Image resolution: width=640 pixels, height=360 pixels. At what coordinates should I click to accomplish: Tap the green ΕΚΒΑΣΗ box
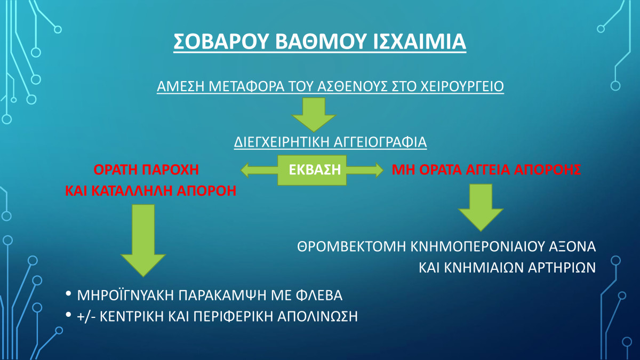(312, 170)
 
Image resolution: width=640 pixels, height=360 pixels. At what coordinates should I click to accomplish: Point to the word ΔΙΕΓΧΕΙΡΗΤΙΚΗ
(282, 142)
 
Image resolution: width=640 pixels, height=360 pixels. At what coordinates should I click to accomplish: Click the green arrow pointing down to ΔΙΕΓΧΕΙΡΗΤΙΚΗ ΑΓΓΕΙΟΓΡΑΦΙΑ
(314, 115)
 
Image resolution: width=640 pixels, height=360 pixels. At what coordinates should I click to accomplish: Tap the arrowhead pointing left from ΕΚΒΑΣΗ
(245, 170)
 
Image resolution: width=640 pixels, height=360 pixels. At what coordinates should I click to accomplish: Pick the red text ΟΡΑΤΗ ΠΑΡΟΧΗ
(146, 170)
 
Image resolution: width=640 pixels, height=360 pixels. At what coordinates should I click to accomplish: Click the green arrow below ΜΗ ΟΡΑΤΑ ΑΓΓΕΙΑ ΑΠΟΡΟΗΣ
(481, 207)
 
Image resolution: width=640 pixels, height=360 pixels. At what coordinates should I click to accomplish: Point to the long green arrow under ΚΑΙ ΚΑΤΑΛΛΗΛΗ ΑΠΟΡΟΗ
(143, 241)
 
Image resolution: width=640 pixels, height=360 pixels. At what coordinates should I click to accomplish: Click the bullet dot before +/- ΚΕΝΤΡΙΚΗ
(68, 315)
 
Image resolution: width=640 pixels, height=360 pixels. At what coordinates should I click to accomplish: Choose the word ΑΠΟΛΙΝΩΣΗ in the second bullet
(317, 317)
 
